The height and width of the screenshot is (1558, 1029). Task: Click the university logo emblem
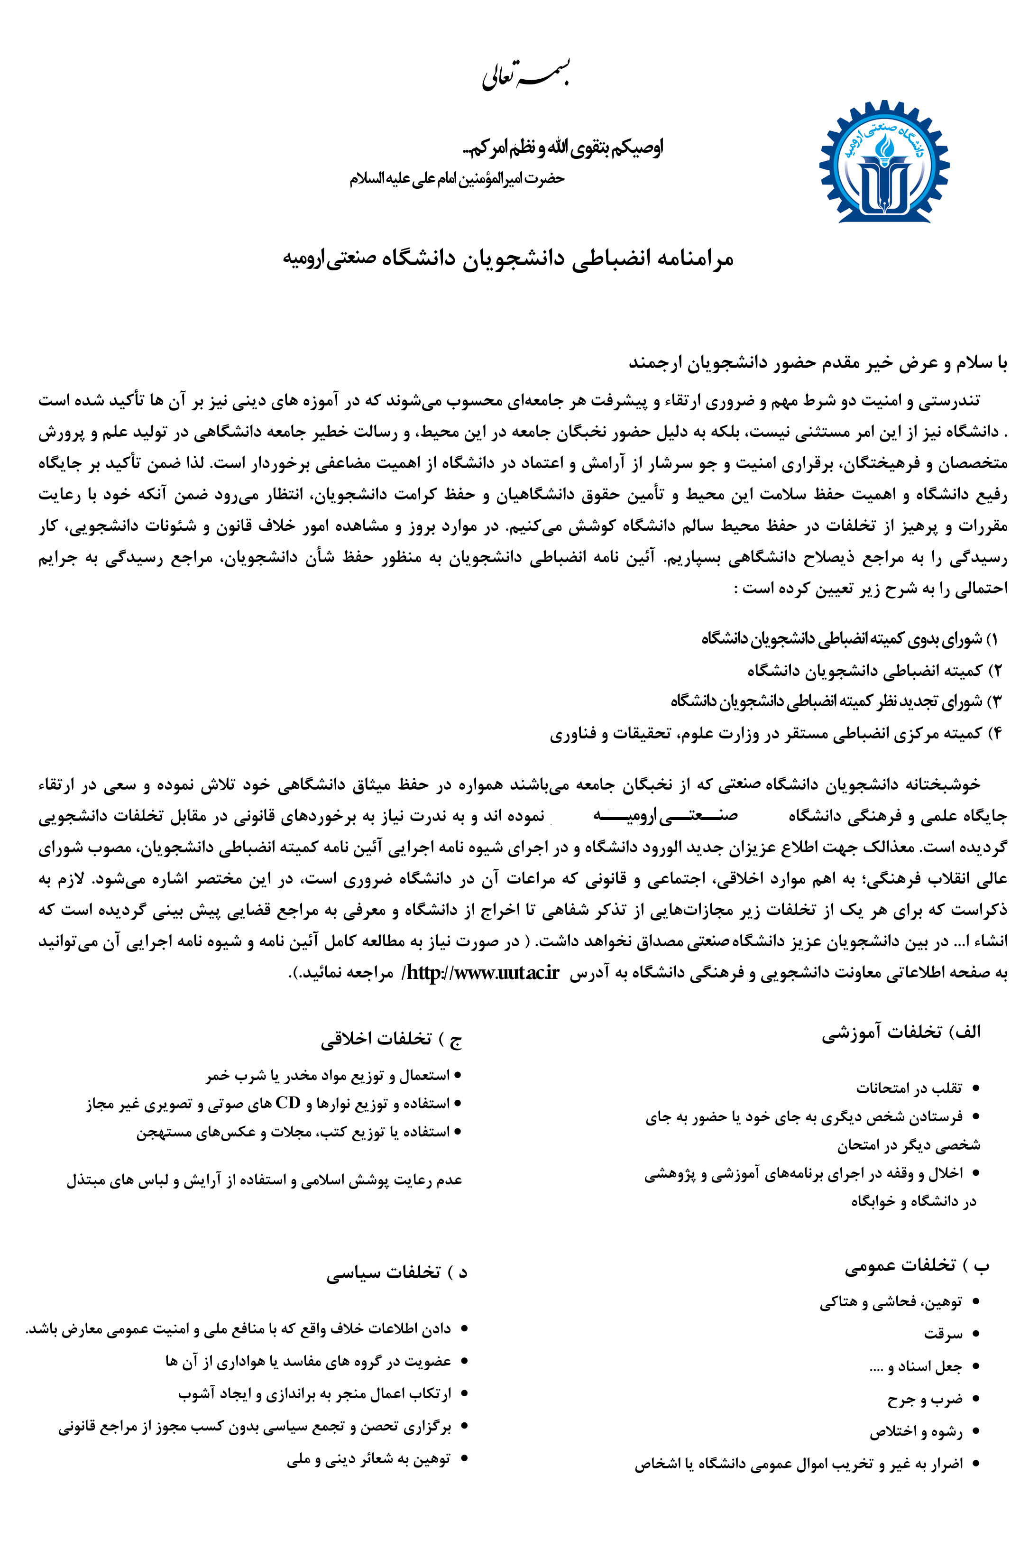[x=883, y=163]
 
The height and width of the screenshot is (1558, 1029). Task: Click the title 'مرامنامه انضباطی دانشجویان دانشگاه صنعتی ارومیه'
[x=508, y=258]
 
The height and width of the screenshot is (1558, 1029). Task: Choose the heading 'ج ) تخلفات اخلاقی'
[x=391, y=1039]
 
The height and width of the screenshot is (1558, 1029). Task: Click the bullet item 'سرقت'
[x=943, y=1334]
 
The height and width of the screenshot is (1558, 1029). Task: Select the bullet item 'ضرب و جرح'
[x=925, y=1399]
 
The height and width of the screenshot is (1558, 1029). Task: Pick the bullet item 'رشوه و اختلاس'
[x=916, y=1431]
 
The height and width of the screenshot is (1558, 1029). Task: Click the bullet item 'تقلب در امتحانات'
[x=909, y=1088]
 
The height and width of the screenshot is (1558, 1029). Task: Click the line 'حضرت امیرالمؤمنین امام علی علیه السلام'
[x=457, y=178]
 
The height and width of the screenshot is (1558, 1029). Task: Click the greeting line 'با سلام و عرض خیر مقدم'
[x=818, y=363]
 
